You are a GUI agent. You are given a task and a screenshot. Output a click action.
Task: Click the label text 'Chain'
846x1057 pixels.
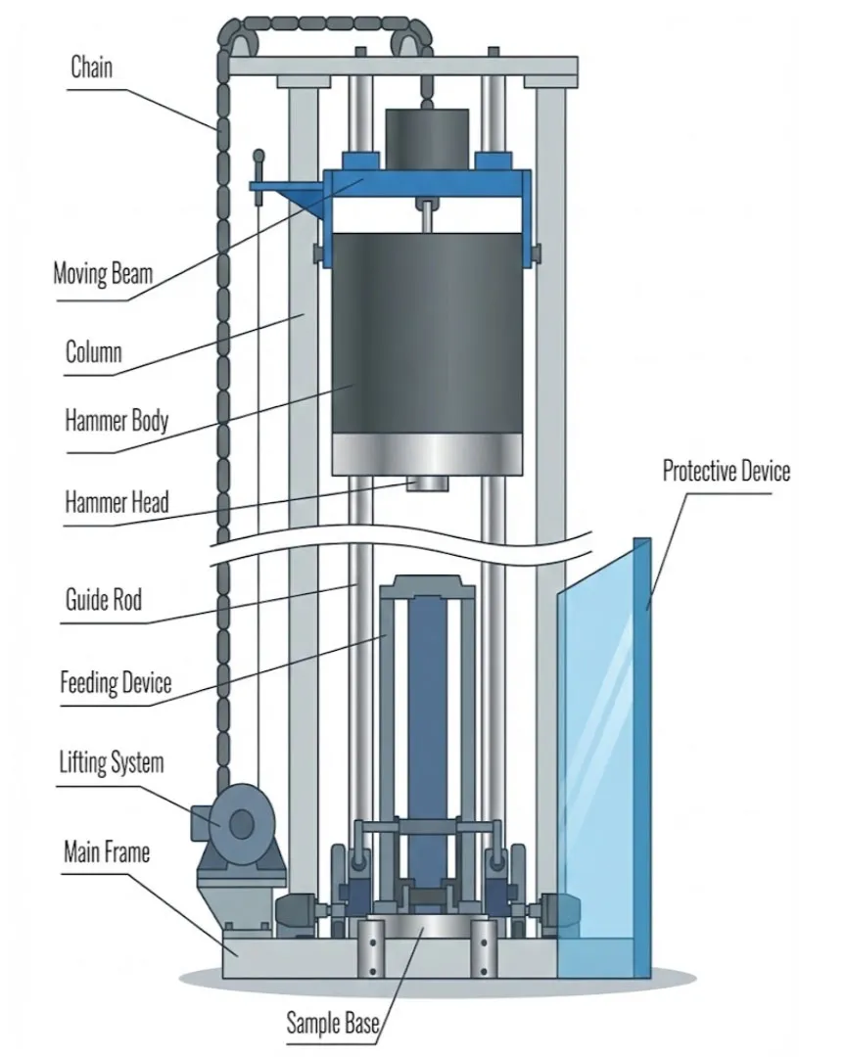coord(91,68)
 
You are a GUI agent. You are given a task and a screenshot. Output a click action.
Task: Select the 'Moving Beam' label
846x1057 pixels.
coord(103,272)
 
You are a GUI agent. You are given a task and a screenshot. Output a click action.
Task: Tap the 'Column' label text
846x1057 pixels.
coord(93,350)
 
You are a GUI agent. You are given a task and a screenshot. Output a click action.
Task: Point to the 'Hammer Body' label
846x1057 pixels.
coord(117,422)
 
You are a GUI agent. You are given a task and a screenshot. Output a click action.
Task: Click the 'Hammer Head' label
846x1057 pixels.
coord(117,503)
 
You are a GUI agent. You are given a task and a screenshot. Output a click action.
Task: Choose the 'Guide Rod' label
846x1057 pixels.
coord(103,597)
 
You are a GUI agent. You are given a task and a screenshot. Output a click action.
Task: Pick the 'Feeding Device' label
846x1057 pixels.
coord(116,681)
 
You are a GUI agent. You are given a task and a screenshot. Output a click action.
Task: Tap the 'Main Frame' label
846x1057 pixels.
coord(107,851)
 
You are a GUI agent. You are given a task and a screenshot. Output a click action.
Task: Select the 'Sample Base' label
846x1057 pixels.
coord(332,1024)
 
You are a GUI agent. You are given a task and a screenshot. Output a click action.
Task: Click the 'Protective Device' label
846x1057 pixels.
coord(726,471)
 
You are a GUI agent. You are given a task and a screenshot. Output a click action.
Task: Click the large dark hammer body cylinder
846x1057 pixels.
coord(425,333)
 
